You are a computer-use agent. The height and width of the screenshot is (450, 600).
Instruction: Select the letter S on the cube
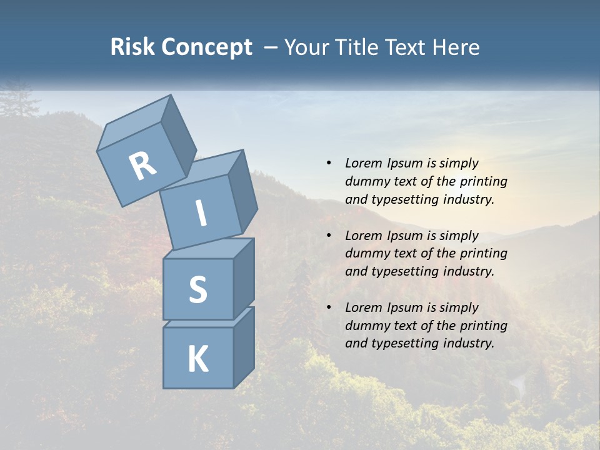pyautogui.click(x=197, y=289)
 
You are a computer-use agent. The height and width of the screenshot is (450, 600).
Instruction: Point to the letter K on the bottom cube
pyautogui.click(x=197, y=359)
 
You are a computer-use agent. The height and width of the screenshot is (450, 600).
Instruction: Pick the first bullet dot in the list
pyautogui.click(x=329, y=164)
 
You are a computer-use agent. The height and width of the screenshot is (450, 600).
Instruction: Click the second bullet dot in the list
pyautogui.click(x=329, y=236)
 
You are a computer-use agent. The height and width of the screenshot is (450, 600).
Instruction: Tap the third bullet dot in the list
pyautogui.click(x=329, y=307)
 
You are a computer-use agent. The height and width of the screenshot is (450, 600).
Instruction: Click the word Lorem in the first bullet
pyautogui.click(x=362, y=163)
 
